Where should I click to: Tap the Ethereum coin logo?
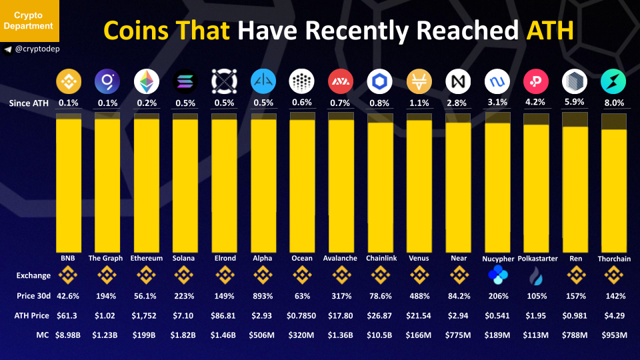[147, 81]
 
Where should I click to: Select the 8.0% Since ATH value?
[614, 103]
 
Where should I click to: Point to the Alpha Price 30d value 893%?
[263, 295]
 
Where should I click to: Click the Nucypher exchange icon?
[498, 275]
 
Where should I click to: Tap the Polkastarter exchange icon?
[537, 275]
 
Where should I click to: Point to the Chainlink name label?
[380, 258]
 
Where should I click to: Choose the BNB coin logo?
[69, 81]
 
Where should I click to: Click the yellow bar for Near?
[459, 187]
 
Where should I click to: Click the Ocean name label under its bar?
[302, 258]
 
